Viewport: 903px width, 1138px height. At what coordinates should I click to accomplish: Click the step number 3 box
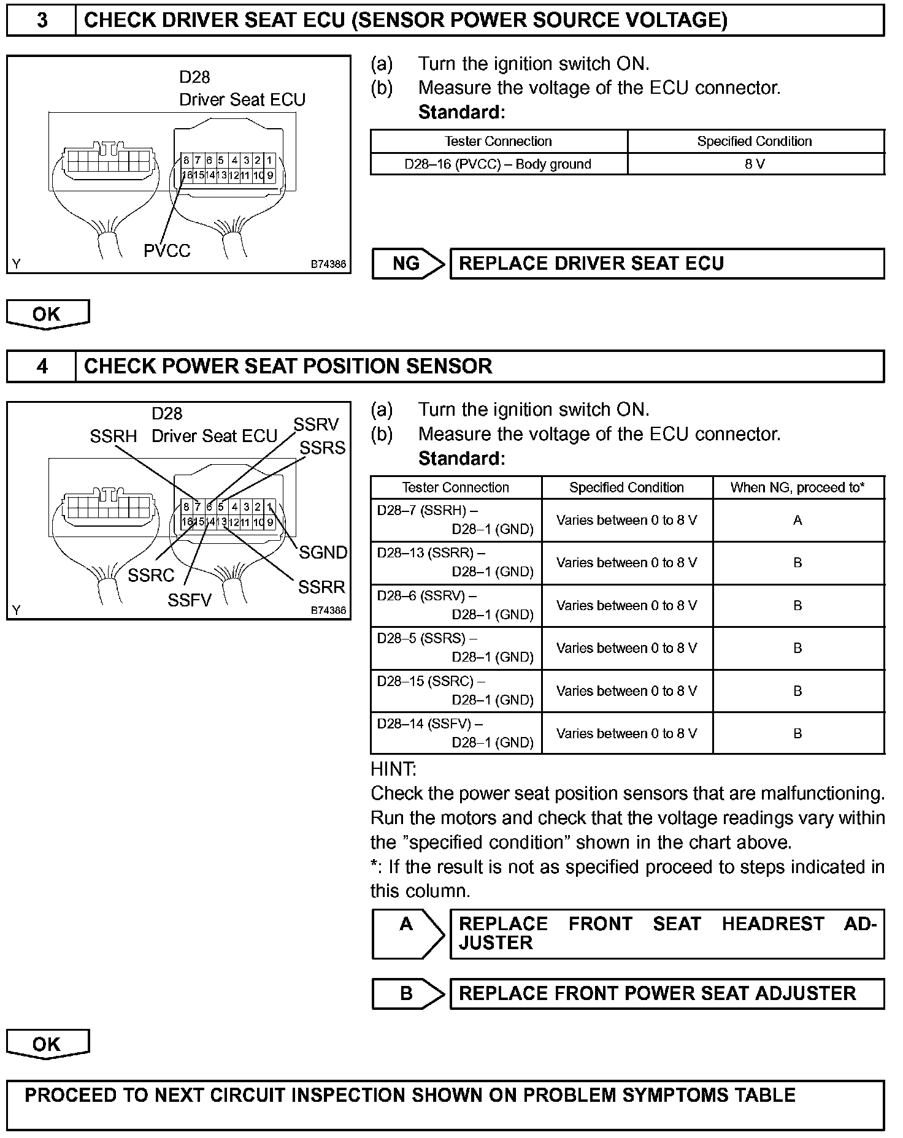point(41,20)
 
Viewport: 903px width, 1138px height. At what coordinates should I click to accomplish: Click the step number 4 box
point(41,366)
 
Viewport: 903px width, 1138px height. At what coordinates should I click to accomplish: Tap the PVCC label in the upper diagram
point(167,250)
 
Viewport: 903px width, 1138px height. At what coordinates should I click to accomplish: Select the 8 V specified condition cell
point(755,164)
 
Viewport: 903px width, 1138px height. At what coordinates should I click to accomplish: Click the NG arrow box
point(407,264)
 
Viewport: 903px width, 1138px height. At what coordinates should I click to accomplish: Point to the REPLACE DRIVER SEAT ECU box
point(666,264)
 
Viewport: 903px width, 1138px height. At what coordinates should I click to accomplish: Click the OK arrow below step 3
point(47,314)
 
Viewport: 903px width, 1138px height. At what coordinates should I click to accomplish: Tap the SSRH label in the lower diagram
point(113,437)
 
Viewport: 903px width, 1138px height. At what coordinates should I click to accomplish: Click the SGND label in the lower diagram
point(323,552)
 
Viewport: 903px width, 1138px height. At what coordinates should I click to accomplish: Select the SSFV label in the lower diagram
point(189,600)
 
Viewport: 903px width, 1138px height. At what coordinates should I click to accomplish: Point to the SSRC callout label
point(151,575)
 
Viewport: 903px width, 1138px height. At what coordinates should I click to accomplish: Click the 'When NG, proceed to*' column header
point(797,487)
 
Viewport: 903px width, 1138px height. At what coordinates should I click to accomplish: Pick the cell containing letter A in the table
point(797,521)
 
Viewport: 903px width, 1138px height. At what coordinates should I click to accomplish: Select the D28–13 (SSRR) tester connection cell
point(456,562)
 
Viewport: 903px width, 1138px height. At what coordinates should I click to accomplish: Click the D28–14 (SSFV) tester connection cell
point(456,733)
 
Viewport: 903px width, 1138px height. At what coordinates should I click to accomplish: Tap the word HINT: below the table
point(393,769)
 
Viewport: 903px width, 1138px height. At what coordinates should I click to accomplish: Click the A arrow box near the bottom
point(407,933)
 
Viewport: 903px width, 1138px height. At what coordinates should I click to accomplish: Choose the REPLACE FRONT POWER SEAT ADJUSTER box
point(666,993)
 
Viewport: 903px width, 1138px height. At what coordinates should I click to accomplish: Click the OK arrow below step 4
point(47,1044)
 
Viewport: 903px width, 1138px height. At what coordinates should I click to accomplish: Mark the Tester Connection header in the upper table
point(498,141)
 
